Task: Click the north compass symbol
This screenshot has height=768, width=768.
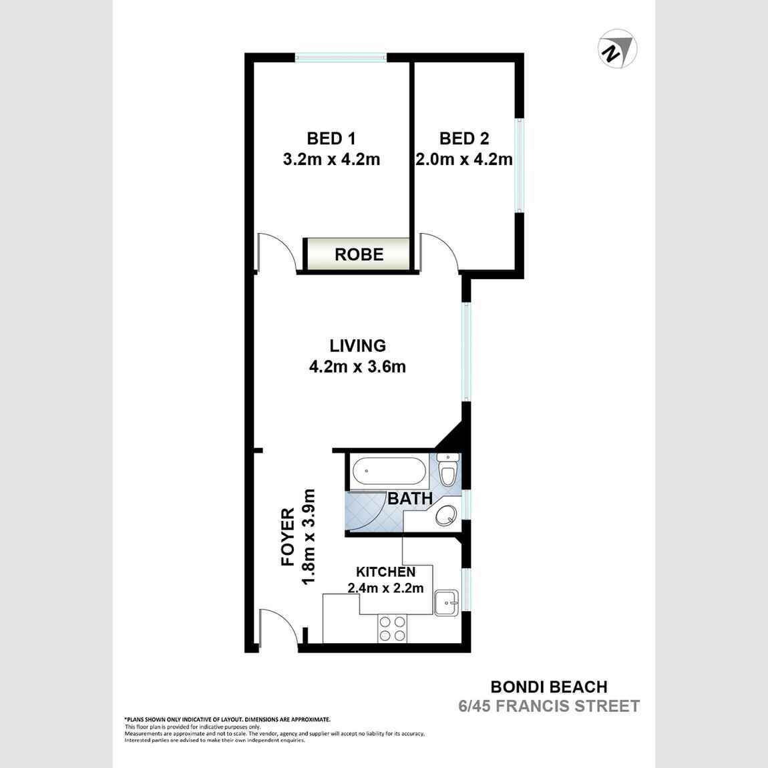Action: [x=616, y=50]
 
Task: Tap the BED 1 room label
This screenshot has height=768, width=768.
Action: [x=331, y=138]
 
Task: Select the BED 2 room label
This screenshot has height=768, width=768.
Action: [x=464, y=138]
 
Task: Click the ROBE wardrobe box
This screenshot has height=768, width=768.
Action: [x=359, y=254]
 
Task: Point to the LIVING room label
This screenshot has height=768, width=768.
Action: [x=357, y=345]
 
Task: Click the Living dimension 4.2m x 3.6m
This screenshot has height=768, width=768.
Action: [x=357, y=366]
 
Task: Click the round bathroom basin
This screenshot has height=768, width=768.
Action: [x=445, y=516]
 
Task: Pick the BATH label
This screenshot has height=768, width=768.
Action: [x=410, y=498]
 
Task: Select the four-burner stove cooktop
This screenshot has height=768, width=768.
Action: [x=392, y=628]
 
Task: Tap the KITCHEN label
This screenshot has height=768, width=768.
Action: [x=385, y=572]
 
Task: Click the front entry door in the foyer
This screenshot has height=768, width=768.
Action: [x=277, y=628]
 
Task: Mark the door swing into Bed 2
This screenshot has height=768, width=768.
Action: [x=437, y=252]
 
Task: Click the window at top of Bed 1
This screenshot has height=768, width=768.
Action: [x=341, y=58]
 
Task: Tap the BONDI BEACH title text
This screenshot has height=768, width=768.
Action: [x=549, y=687]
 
